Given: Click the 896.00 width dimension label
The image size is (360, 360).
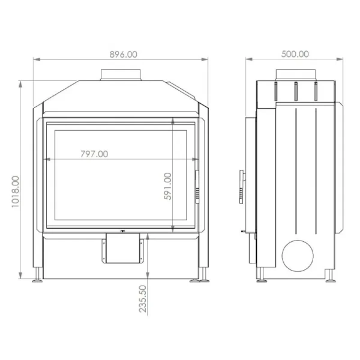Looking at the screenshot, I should click(x=124, y=54).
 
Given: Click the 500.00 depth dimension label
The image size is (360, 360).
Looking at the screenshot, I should click(x=295, y=54).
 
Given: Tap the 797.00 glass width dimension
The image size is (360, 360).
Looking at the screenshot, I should click(x=94, y=154).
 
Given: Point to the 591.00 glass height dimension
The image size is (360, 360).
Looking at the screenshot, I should click(x=168, y=186).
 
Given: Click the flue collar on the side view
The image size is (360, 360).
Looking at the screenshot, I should click(x=295, y=75).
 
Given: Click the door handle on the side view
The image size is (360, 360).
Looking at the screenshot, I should click(x=241, y=187).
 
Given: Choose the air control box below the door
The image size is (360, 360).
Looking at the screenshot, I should click(x=122, y=248).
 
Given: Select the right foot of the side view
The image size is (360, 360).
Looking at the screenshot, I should click(x=330, y=276).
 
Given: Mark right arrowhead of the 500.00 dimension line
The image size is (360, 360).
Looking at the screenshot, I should click(x=343, y=59).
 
